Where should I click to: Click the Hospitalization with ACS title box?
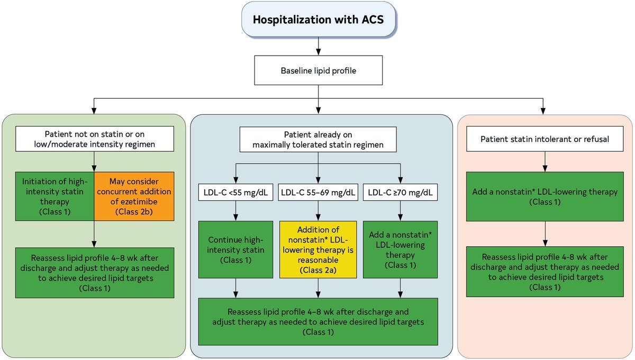point(317,21)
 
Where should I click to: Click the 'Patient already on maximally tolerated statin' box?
point(317,139)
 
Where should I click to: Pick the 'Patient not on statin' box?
point(94,139)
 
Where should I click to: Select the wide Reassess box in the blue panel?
point(317,321)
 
